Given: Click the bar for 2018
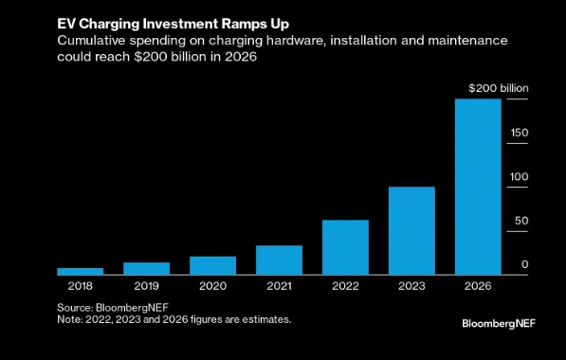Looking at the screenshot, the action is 81,271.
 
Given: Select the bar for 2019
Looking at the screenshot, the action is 147,268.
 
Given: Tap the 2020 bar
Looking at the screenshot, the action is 212,265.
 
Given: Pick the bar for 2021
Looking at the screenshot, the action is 279,261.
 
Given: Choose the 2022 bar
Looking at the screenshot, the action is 345,247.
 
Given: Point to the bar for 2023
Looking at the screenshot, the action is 411,231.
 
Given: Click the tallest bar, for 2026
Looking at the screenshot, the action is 478,187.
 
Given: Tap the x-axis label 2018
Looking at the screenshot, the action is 81,286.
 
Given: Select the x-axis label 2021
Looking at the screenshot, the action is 279,286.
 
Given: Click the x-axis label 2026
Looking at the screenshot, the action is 478,286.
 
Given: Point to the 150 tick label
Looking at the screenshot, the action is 520,133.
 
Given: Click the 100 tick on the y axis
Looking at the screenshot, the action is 520,177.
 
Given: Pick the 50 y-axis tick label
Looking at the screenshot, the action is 521,221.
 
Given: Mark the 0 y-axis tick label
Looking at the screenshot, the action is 525,264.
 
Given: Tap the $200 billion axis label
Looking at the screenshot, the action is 499,88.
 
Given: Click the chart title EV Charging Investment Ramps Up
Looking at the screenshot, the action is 173,25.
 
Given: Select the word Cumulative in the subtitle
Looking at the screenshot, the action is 91,40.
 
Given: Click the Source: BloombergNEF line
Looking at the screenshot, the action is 113,308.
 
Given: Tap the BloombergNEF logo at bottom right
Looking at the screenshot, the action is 499,324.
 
